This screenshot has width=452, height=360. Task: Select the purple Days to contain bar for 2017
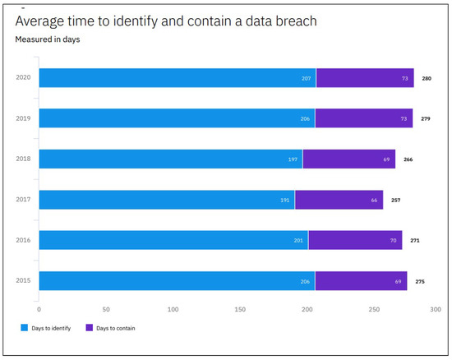(x=339, y=200)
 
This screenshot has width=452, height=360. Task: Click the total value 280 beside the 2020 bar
(x=427, y=78)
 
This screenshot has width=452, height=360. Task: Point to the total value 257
(x=396, y=200)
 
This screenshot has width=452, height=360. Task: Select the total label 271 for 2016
(x=415, y=241)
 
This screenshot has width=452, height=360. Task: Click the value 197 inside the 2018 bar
(x=293, y=159)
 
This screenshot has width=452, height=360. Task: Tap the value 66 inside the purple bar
(x=375, y=200)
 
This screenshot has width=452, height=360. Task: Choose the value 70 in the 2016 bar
(x=394, y=241)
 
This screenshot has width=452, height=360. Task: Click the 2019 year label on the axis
(x=23, y=118)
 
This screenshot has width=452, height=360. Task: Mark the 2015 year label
(x=23, y=281)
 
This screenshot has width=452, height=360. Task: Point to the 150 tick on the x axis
(x=240, y=310)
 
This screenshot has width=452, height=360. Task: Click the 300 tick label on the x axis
(x=436, y=310)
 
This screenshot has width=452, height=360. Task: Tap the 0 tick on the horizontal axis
(x=39, y=310)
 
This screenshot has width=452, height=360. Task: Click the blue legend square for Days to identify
(x=25, y=328)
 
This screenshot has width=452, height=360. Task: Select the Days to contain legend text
(x=116, y=328)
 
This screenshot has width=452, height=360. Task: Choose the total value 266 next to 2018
(x=408, y=159)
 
